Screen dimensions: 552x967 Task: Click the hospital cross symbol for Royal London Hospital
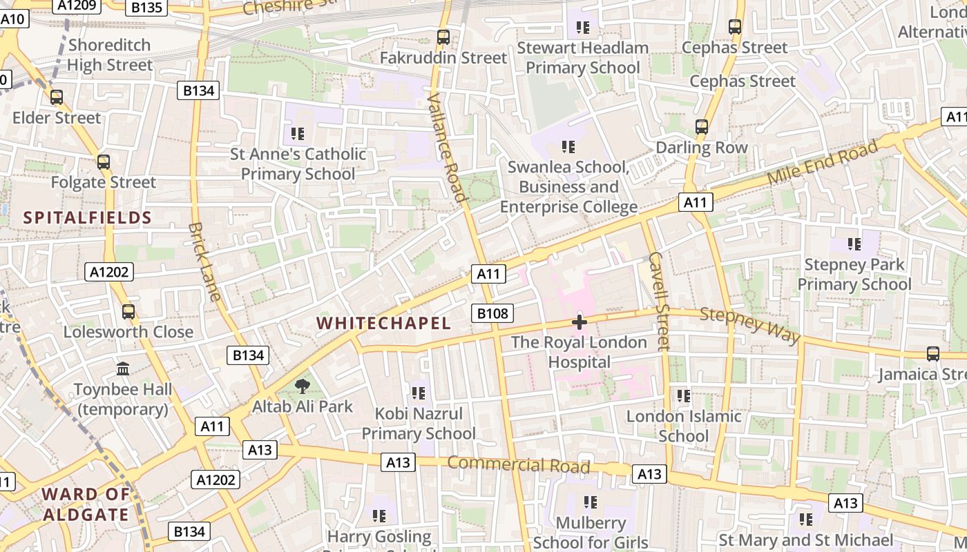580,322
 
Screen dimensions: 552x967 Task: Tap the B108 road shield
492,314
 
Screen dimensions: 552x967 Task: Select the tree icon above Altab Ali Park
302,386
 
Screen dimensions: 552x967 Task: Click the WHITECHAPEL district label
383,323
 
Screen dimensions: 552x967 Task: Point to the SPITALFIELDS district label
87,218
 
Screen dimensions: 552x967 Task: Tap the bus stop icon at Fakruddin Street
443,37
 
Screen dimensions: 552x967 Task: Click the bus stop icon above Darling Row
702,127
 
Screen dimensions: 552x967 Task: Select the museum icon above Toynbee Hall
123,369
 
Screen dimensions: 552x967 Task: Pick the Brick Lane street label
205,262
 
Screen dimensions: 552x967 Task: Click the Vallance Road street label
448,148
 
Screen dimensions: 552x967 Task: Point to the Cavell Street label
660,300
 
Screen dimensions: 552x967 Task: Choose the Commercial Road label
518,464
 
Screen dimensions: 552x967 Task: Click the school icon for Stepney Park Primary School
854,244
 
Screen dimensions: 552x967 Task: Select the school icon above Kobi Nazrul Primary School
418,393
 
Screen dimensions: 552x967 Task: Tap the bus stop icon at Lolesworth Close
128,311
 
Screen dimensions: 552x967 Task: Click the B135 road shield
146,8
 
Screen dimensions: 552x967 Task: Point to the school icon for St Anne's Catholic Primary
298,133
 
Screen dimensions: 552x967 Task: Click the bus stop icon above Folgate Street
104,162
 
